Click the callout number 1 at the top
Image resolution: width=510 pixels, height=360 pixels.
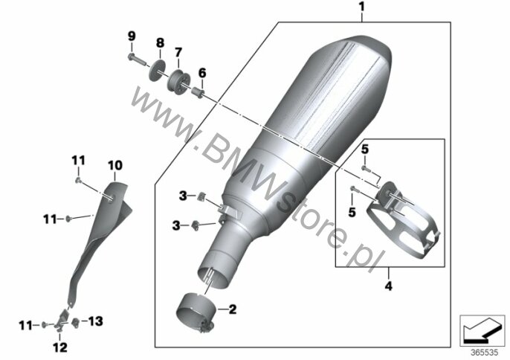tap(362, 7)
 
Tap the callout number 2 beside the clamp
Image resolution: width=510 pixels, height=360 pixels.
tap(233, 309)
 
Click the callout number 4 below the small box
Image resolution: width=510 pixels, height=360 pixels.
tap(388, 286)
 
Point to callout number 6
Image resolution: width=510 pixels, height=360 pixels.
tap(202, 73)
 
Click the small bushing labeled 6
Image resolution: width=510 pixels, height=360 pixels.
tap(197, 91)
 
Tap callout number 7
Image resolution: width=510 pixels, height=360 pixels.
tap(178, 52)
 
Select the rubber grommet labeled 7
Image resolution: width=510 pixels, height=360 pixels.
tap(178, 82)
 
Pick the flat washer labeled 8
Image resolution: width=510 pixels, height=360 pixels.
tap(157, 71)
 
